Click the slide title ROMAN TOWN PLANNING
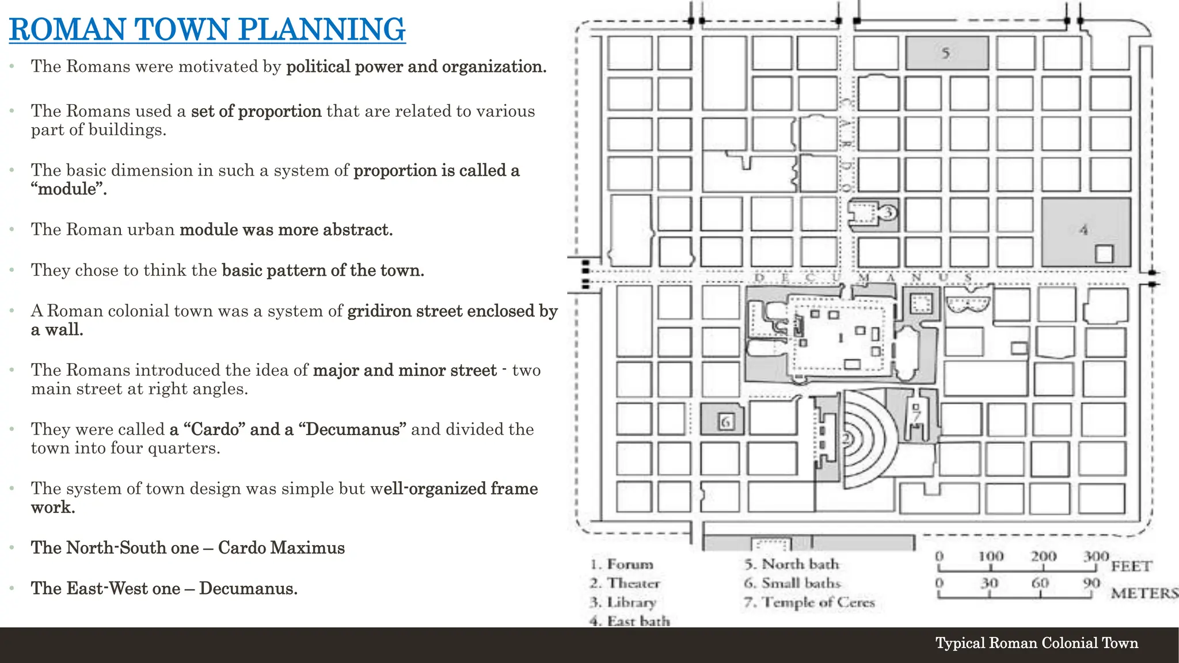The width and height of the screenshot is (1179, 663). click(207, 30)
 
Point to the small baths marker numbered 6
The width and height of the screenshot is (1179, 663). click(725, 422)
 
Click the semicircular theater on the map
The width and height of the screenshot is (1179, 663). click(864, 440)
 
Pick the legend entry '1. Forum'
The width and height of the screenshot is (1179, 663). click(622, 564)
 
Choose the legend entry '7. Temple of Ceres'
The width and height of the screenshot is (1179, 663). click(809, 603)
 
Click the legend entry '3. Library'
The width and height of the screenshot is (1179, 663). click(623, 603)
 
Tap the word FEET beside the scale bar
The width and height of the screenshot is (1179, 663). click(1131, 566)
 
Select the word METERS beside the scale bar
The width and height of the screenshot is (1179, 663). click(1143, 593)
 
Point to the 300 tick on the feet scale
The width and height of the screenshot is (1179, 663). click(1096, 557)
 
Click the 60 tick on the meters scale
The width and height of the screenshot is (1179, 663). click(1040, 584)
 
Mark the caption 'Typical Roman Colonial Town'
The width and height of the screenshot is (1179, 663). click(1036, 643)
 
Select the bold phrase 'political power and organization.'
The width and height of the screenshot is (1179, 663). click(416, 67)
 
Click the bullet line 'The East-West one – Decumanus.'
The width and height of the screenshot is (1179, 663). click(164, 588)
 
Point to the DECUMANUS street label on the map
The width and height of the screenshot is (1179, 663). click(864, 278)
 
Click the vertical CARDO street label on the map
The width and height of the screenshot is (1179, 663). click(845, 144)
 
